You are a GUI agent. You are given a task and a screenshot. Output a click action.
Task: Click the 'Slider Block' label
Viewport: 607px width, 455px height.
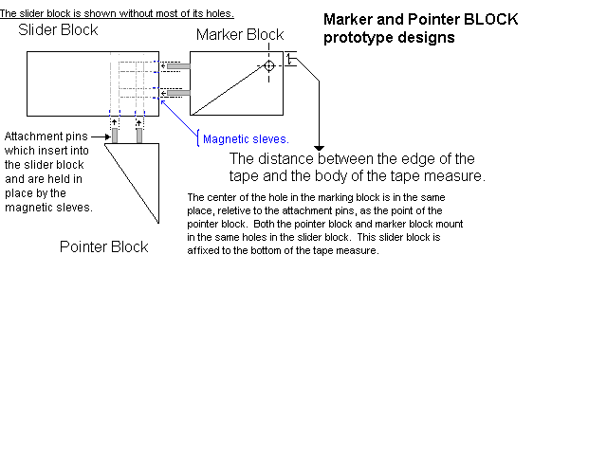click(x=58, y=30)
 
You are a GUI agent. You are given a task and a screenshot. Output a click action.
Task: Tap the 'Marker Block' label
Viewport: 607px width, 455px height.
click(x=239, y=35)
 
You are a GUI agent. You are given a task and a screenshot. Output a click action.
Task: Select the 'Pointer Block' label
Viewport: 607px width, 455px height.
click(x=103, y=247)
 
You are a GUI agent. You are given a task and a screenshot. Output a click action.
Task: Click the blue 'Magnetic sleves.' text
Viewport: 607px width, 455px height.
click(x=246, y=139)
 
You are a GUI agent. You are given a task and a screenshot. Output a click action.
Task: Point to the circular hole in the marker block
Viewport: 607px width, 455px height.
click(x=269, y=65)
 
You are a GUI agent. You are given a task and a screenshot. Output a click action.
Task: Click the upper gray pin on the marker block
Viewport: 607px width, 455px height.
click(x=180, y=66)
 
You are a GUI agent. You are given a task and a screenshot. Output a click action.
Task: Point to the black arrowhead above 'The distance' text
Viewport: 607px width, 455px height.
click(x=320, y=148)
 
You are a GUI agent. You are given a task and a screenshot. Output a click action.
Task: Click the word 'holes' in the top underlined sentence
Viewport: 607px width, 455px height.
click(x=217, y=13)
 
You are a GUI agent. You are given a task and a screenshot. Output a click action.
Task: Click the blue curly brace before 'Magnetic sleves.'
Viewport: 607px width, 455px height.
click(x=196, y=138)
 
